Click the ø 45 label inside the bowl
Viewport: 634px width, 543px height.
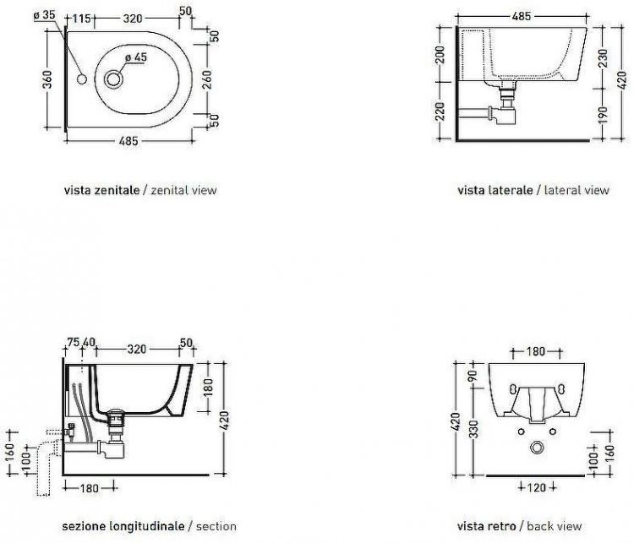click(x=135, y=57)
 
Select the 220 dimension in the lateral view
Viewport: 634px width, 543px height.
click(x=440, y=111)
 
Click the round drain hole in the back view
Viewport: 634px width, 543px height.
click(x=538, y=447)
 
